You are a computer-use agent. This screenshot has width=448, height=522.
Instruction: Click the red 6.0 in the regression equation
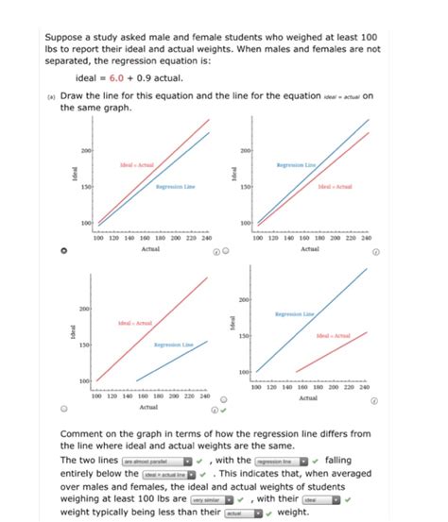114,77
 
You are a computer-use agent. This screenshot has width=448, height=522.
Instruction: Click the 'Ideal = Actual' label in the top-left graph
135,163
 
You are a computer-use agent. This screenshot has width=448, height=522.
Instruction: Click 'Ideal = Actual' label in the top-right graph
336,187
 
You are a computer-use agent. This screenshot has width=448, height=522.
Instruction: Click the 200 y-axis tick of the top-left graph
86,150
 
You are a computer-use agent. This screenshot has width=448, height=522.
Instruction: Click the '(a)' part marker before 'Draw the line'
51,97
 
